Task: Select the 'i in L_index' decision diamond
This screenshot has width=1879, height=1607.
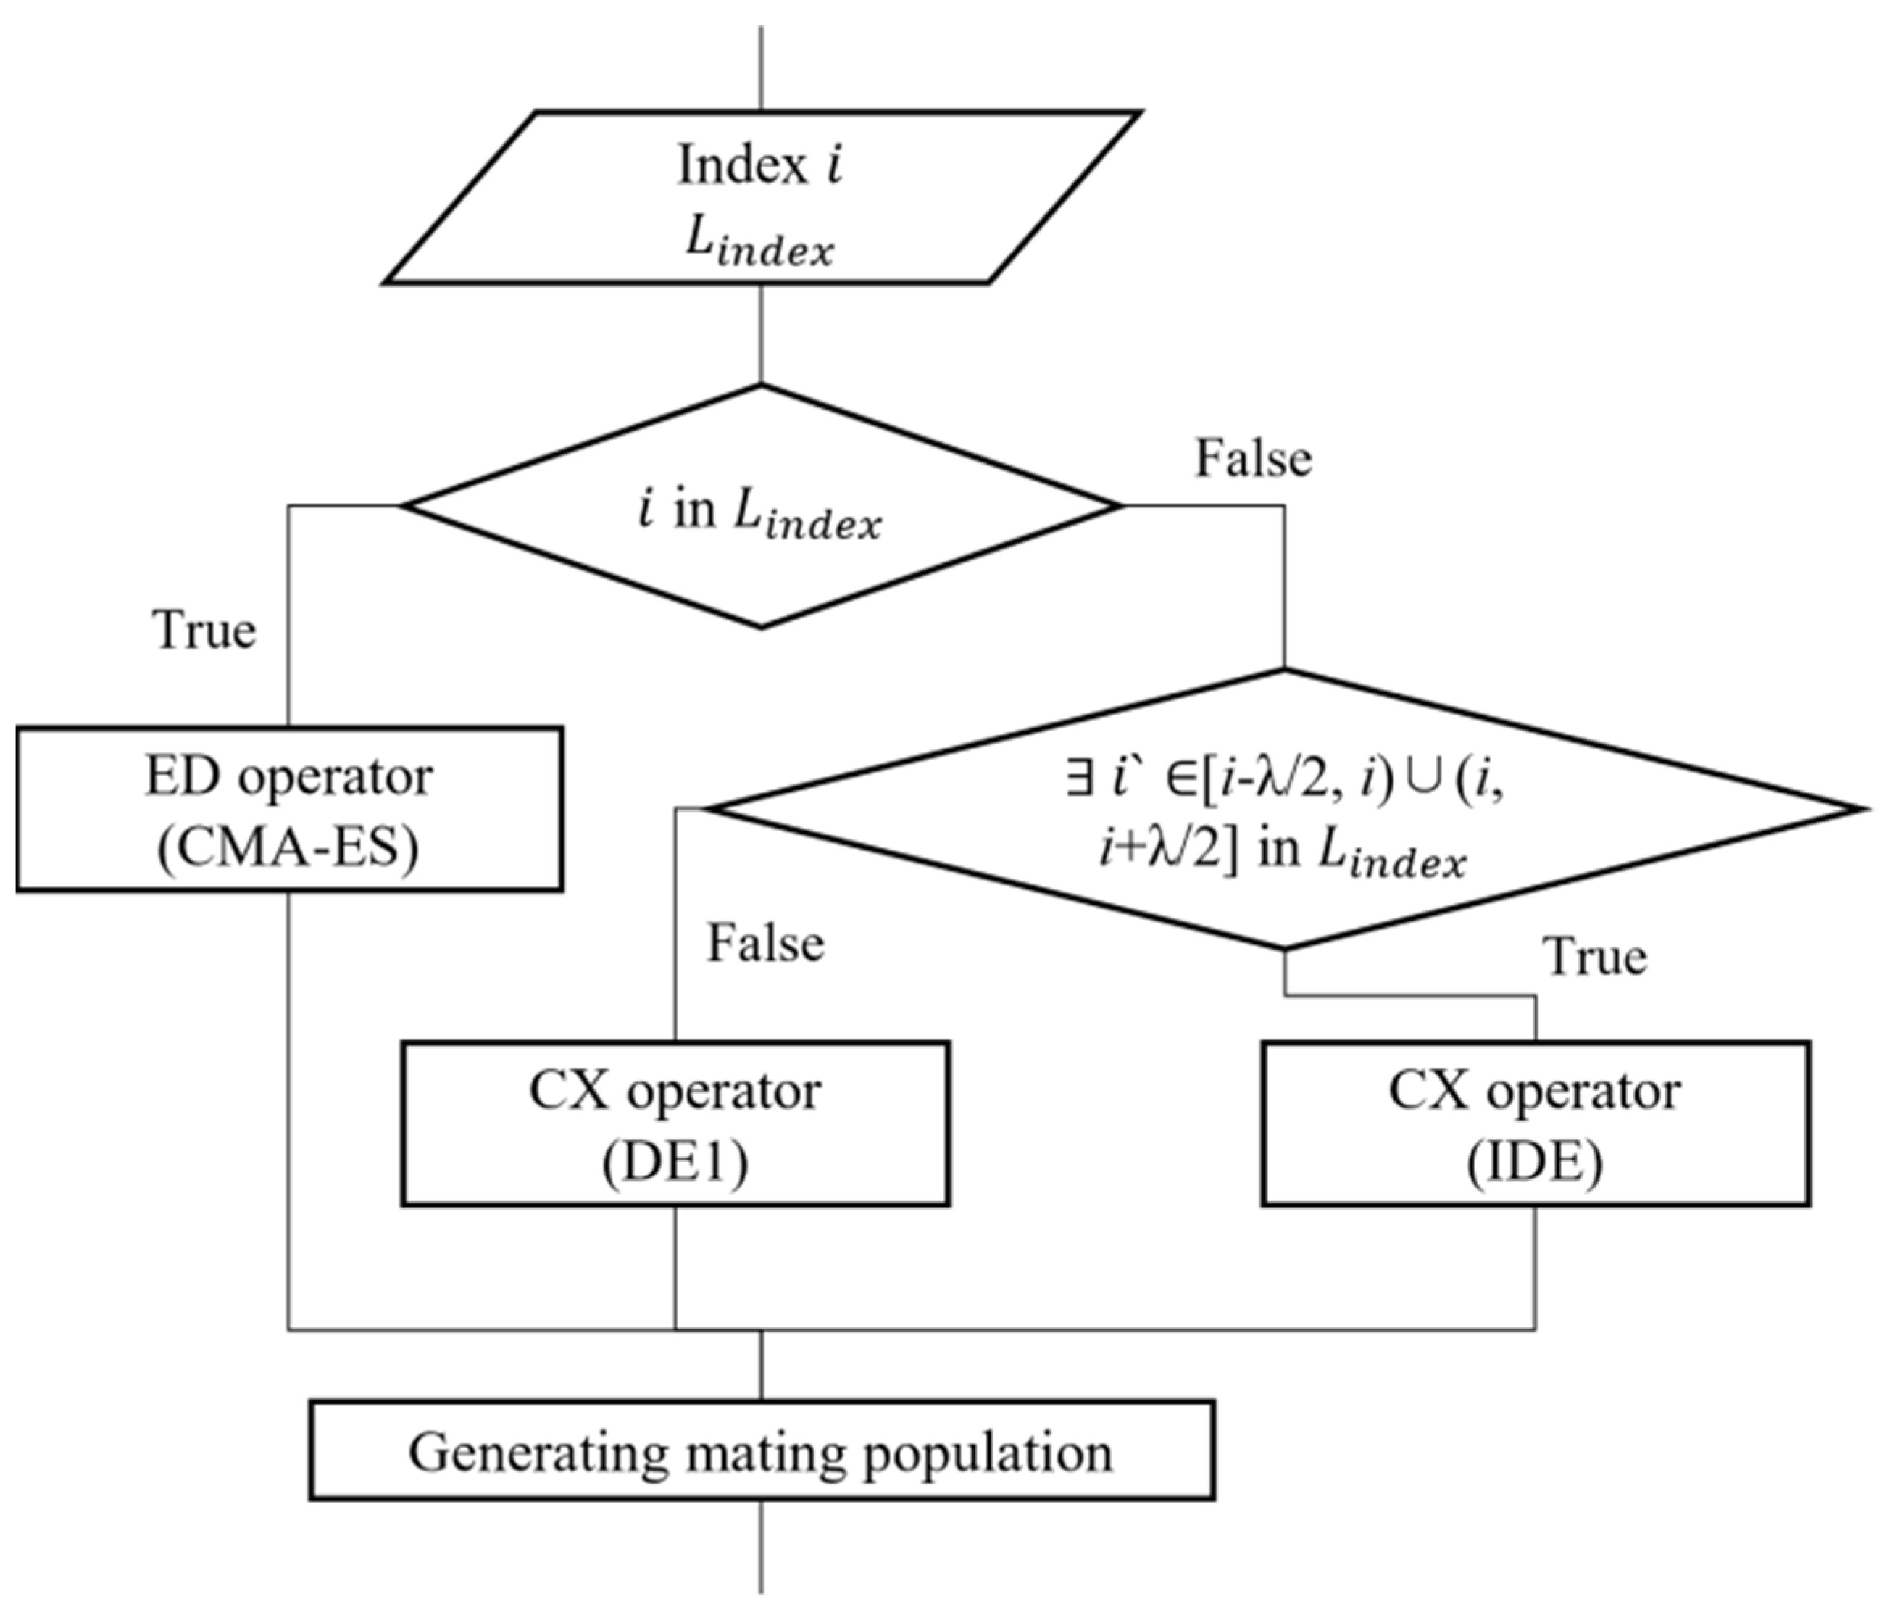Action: (x=761, y=507)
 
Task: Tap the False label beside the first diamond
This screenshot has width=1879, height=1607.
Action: (x=1252, y=458)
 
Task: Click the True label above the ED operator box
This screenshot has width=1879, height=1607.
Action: (x=204, y=629)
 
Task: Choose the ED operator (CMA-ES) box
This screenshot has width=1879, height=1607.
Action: (x=289, y=809)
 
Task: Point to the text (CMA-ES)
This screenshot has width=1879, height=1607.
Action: (x=288, y=848)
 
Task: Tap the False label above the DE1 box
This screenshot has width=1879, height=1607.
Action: (x=765, y=943)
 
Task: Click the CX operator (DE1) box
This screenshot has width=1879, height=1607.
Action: (x=675, y=1123)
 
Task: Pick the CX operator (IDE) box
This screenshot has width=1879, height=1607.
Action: (x=1536, y=1123)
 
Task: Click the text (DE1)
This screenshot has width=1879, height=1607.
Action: (x=675, y=1163)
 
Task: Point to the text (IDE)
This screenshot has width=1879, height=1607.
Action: (x=1536, y=1163)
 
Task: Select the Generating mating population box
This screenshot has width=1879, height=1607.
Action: (x=761, y=1451)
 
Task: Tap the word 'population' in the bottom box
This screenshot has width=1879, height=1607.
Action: (x=987, y=1453)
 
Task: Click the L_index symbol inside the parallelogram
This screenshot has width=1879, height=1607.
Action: (x=758, y=242)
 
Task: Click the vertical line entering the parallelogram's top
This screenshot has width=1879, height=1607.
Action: (x=761, y=68)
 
